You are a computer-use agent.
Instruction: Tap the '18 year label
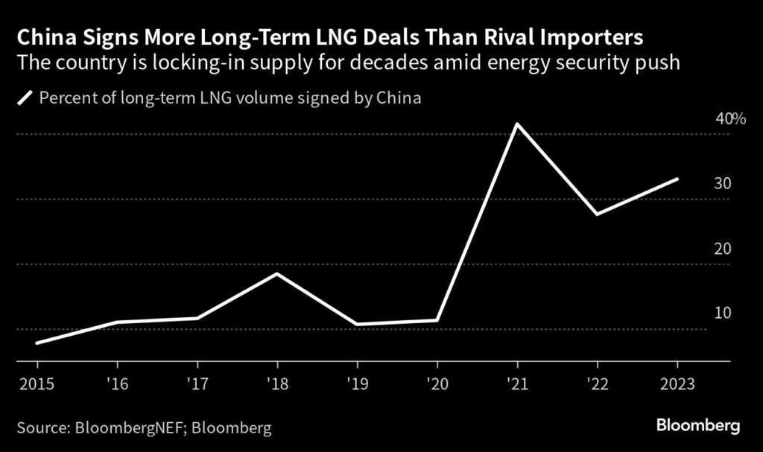coord(277,384)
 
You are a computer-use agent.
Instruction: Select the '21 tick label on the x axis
coord(517,384)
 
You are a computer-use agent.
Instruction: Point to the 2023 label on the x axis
coord(677,384)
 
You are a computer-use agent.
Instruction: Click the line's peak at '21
coord(517,124)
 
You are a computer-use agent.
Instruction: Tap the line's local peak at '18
coord(277,274)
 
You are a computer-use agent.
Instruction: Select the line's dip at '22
coord(598,214)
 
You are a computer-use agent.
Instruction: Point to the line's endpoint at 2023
coord(677,179)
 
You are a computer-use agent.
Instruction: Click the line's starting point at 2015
coord(37,343)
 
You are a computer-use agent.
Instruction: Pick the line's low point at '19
coord(357,325)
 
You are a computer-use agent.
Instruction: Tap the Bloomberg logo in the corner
coord(698,426)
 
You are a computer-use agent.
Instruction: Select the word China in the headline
coord(46,36)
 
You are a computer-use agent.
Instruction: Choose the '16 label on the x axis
coord(118,384)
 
